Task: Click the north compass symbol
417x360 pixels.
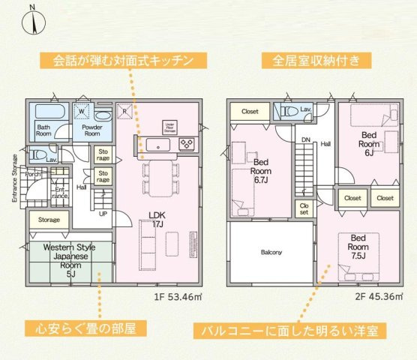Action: point(33,19)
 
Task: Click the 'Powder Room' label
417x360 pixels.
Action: point(91,131)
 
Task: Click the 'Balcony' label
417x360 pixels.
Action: point(271,252)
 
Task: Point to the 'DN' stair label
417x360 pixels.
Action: point(305,140)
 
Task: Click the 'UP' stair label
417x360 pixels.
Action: point(103,213)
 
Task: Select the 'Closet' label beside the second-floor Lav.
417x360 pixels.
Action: point(250,112)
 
